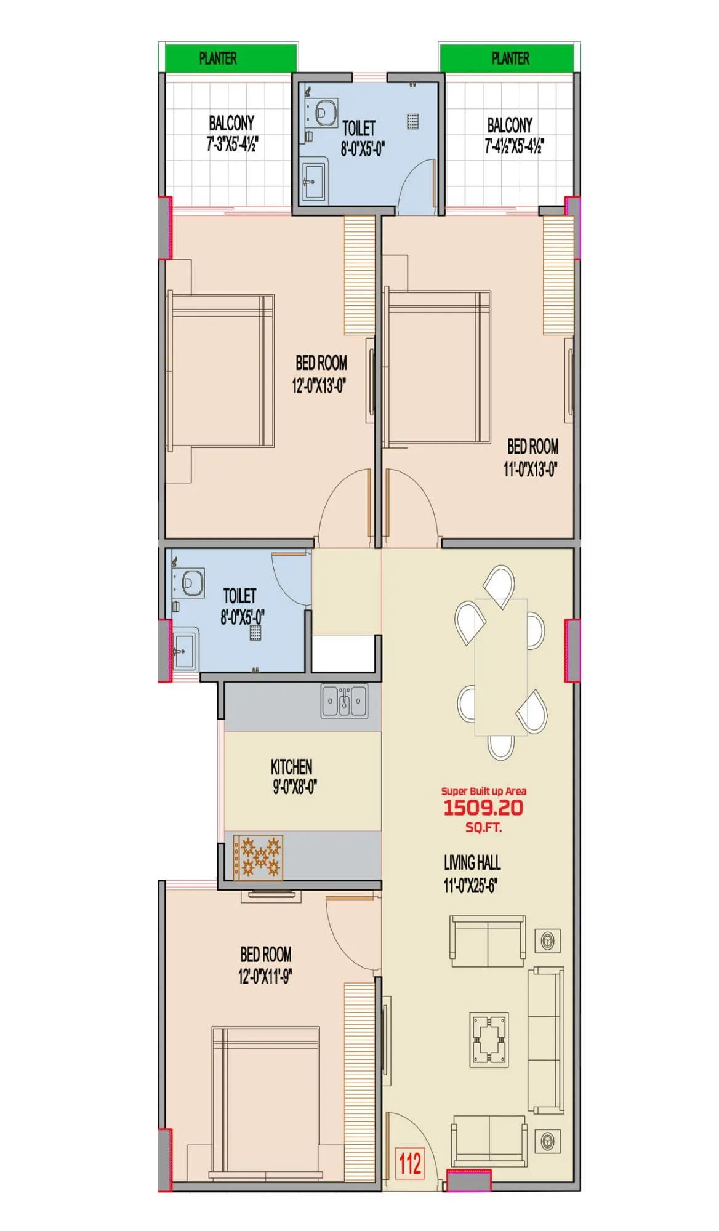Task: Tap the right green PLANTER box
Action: pos(508,58)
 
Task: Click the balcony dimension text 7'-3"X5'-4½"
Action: pos(232,145)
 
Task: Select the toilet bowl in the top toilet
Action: pos(326,113)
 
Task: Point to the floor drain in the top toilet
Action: pos(412,121)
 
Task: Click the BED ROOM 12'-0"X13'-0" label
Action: pos(320,374)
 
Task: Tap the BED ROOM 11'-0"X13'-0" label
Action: pos(532,457)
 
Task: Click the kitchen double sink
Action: pos(344,701)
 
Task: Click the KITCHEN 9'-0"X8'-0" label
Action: pos(292,776)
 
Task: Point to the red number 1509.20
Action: pos(483,808)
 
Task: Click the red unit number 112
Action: pos(410,1164)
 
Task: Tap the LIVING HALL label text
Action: pos(472,862)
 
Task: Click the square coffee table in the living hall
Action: pos(489,1040)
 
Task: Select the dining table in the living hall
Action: pos(500,667)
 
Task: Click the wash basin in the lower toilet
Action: pos(183,651)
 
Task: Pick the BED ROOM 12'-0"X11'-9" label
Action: pos(265,965)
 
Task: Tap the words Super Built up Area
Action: pos(483,791)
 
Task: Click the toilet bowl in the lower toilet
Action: pos(193,582)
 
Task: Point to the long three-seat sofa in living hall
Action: pos(546,1040)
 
